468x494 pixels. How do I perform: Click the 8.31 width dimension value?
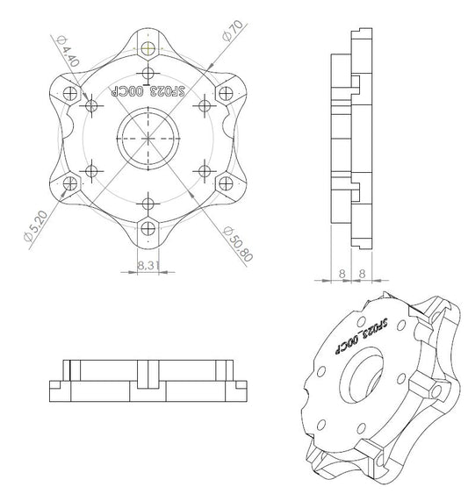[x=148, y=262]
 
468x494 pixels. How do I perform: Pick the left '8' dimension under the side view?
[x=340, y=273]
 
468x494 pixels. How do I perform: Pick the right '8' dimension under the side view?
[x=362, y=273]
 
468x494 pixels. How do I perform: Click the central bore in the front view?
[x=148, y=138]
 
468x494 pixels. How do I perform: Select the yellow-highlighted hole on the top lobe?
[x=149, y=48]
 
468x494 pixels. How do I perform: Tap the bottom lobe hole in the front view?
[x=148, y=228]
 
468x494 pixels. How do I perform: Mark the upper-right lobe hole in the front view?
[x=227, y=92]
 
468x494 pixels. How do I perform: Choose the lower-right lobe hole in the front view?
[x=227, y=184]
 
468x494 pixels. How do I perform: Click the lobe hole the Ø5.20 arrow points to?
[x=70, y=184]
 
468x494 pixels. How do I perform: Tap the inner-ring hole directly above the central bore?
[x=148, y=73]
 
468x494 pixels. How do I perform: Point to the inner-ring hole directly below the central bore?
[x=148, y=204]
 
